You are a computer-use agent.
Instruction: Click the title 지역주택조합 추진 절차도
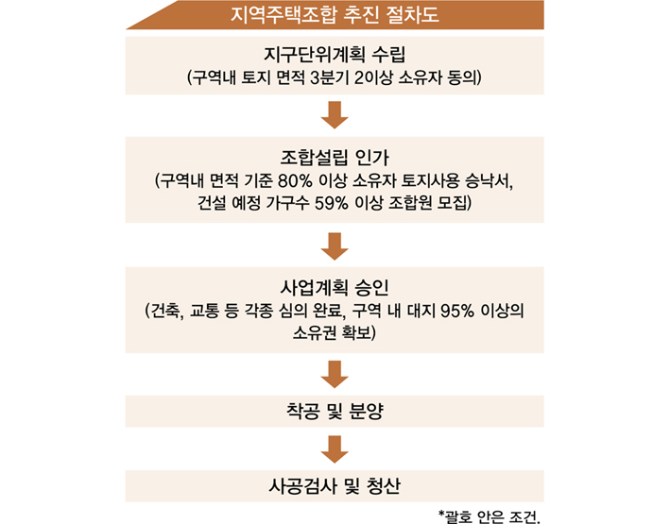[x=335, y=15]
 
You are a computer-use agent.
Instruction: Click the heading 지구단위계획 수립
[x=335, y=54]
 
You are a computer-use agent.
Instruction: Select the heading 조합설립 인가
[x=335, y=158]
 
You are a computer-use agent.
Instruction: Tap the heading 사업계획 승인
[x=335, y=287]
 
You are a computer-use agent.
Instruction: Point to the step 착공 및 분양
[x=335, y=412]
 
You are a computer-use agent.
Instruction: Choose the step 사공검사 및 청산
[x=335, y=486]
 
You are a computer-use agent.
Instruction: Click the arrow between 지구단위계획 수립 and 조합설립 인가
[x=335, y=115]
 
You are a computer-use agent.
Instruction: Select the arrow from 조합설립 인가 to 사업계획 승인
[x=335, y=246]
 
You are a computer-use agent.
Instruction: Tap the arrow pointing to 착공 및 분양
[x=335, y=375]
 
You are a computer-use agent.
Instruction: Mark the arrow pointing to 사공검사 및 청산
[x=335, y=449]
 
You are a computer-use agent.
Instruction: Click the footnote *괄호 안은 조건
[x=490, y=516]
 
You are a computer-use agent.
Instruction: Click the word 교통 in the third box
[x=204, y=311]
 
